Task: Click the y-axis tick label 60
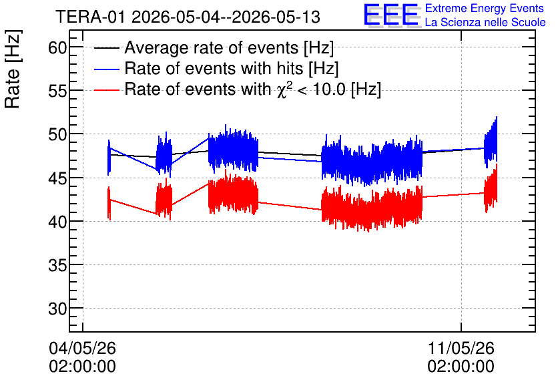point(57,47)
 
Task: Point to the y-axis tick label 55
point(57,91)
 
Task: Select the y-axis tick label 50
point(57,135)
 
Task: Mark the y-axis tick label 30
point(57,309)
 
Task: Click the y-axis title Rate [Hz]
point(13,69)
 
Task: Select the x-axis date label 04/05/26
point(83,348)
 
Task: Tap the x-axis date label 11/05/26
point(461,348)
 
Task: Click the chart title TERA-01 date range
point(188,17)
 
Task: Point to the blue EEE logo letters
point(391,15)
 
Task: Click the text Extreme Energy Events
point(485,8)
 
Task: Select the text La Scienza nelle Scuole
point(485,23)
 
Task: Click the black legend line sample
point(106,48)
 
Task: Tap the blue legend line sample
point(106,69)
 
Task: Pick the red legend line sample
point(106,89)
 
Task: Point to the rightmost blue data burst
point(491,142)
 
